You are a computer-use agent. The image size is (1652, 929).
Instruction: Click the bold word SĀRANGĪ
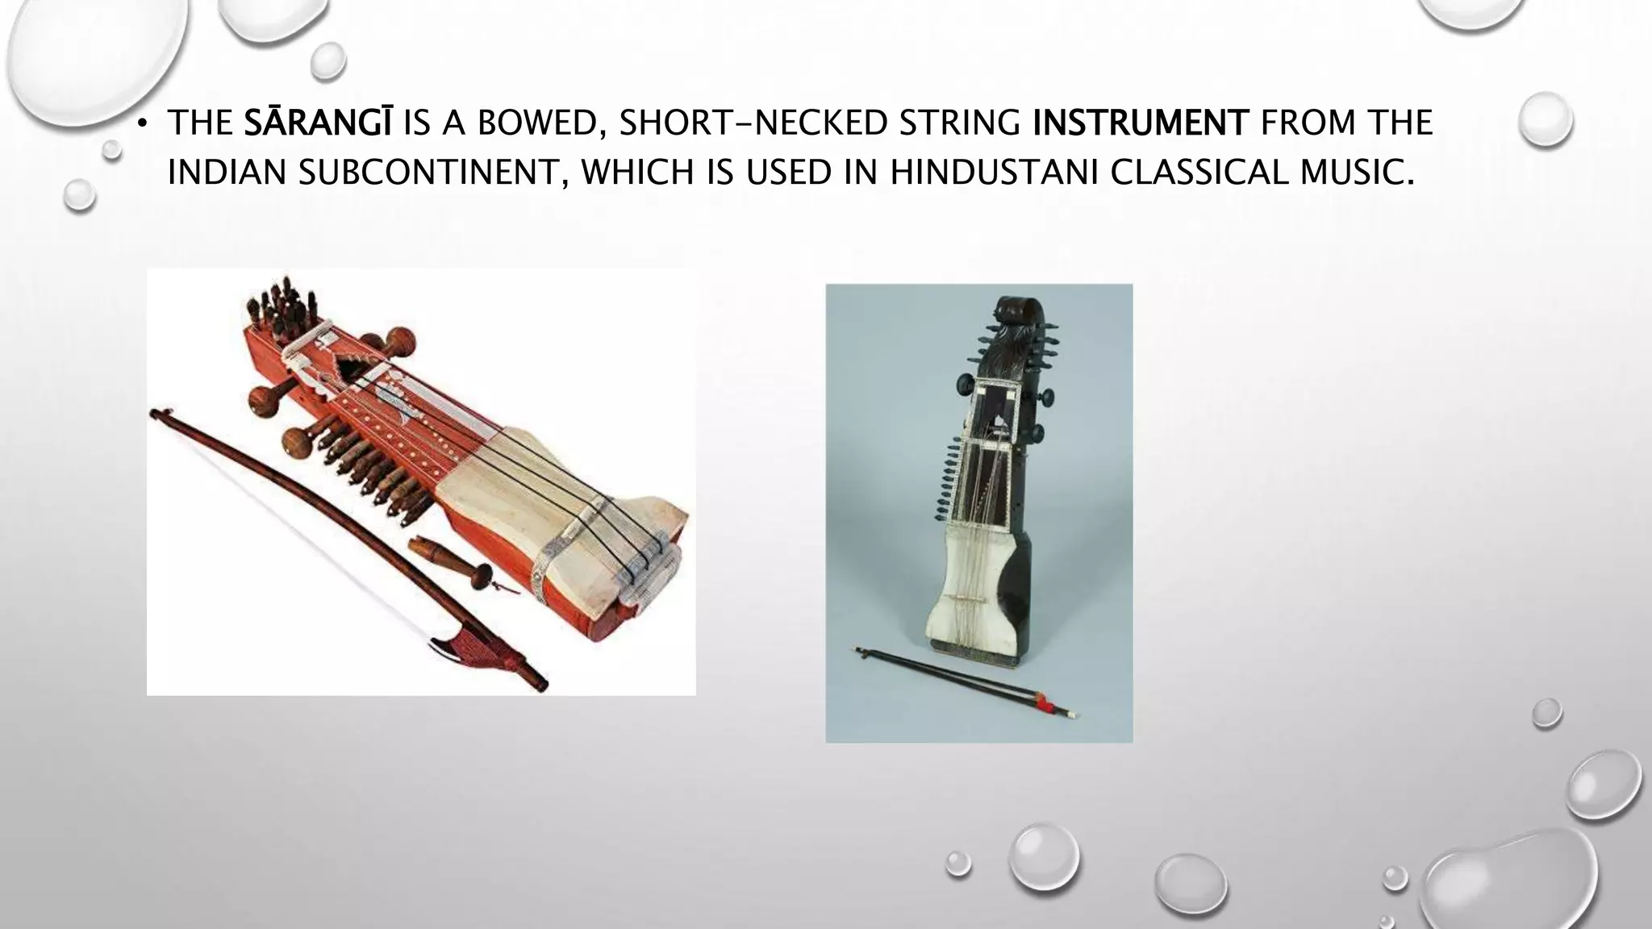tap(318, 123)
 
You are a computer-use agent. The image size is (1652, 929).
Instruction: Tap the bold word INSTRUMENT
tap(1140, 123)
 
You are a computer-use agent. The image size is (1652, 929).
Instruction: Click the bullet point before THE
tap(142, 124)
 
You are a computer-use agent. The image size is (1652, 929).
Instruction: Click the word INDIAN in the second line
tap(226, 173)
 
